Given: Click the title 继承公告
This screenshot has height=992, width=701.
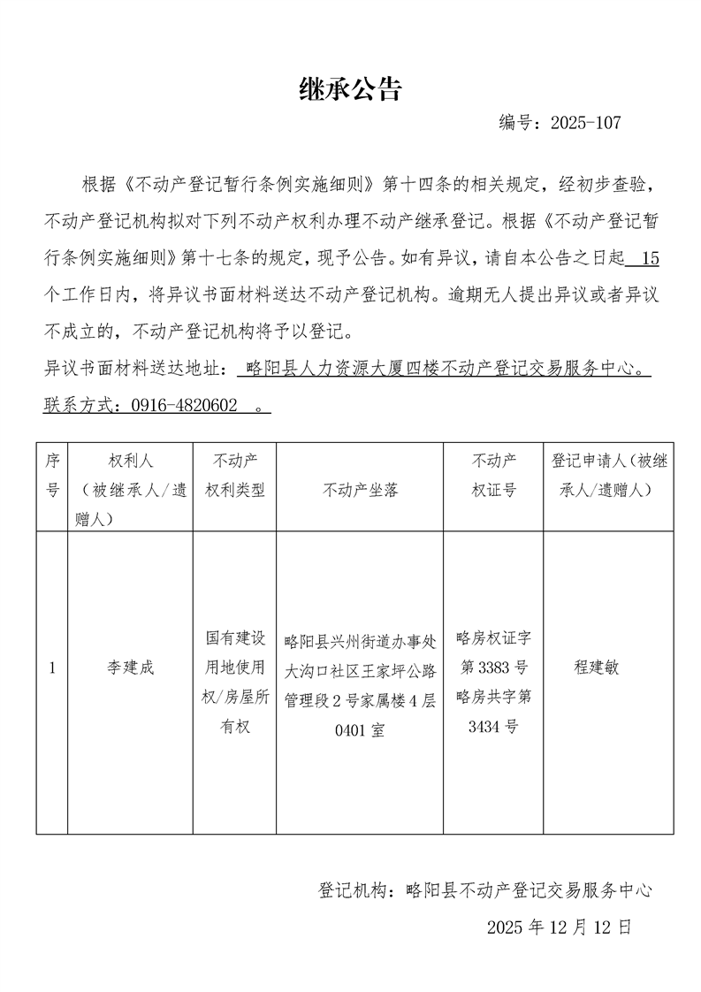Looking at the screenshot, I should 350,88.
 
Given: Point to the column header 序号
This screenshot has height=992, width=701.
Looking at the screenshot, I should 52,475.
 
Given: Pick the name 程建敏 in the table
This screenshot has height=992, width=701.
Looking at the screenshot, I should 597,668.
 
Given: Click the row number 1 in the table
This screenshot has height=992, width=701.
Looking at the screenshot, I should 52,668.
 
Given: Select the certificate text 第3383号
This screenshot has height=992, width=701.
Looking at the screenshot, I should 493,667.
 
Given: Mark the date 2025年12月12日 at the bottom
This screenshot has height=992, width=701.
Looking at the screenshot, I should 560,927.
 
